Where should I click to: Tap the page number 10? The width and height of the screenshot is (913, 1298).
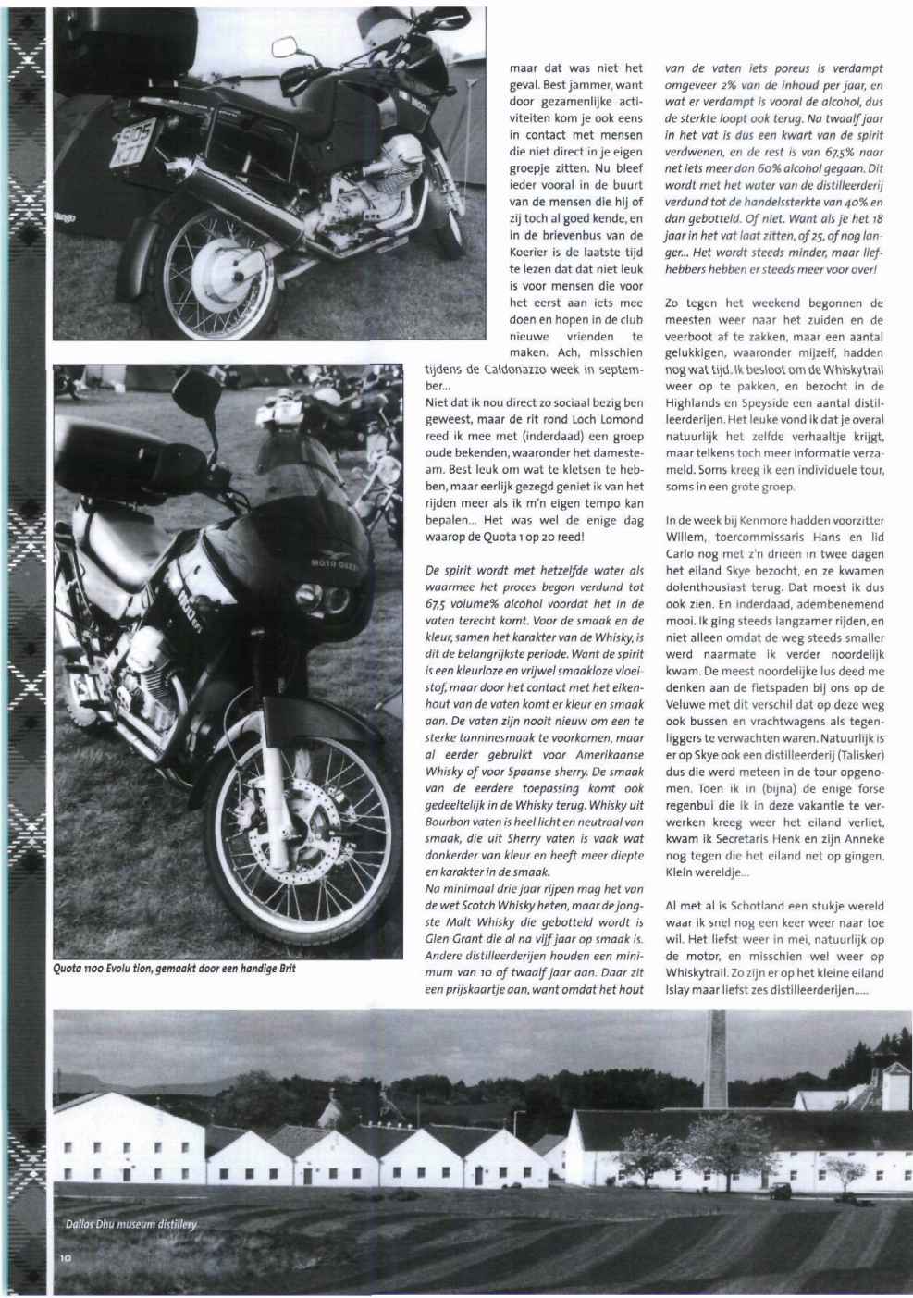pyautogui.click(x=65, y=1258)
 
